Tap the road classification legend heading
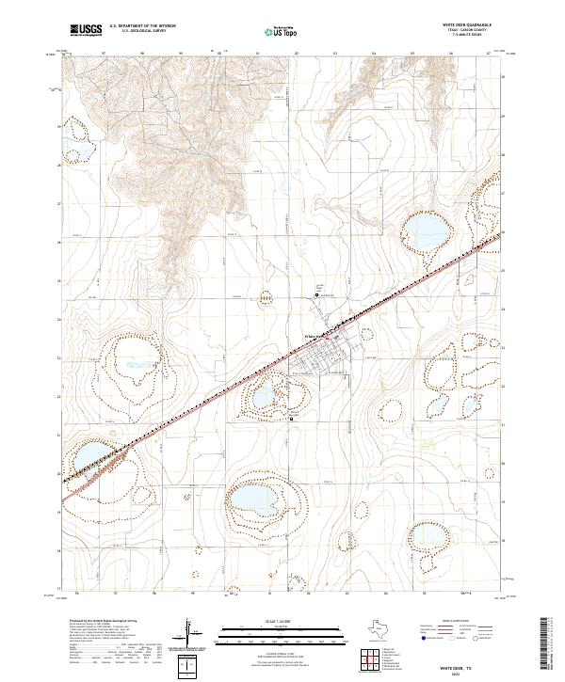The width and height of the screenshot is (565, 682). click(x=448, y=621)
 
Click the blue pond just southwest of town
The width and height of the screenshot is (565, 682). click(x=265, y=389)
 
